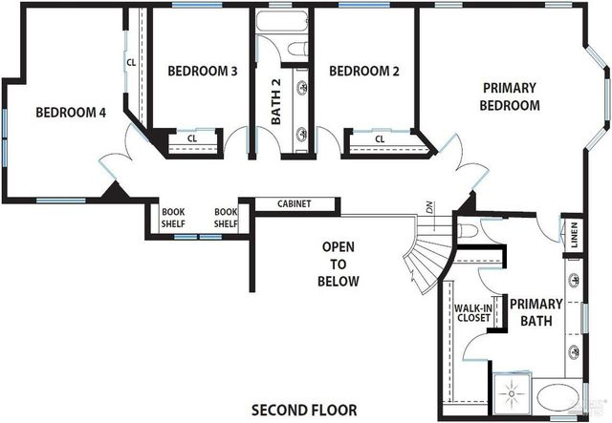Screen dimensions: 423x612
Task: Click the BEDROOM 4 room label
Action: tap(70, 113)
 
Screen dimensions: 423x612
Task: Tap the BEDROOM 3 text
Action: tap(202, 71)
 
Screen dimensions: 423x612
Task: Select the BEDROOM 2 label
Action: tap(362, 71)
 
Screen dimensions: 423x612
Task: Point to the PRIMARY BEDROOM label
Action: tap(510, 96)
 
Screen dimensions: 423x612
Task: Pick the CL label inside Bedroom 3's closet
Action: tap(191, 138)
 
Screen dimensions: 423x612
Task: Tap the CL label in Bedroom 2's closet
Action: tap(379, 139)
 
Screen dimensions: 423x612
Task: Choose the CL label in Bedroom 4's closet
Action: tap(130, 63)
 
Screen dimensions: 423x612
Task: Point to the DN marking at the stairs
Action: tap(431, 206)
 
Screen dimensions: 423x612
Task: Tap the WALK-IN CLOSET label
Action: tap(472, 312)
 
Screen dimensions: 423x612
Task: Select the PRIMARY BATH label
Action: tap(535, 313)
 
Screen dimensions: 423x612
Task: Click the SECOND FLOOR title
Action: tap(304, 411)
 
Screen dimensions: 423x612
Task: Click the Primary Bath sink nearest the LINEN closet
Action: tap(575, 280)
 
